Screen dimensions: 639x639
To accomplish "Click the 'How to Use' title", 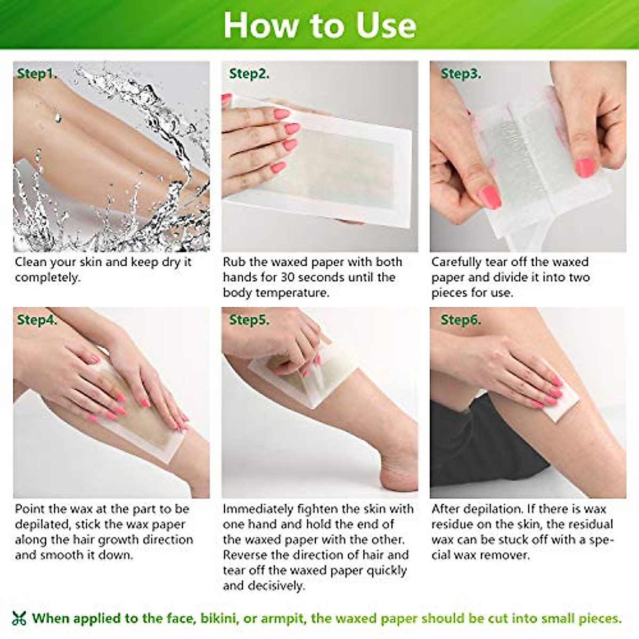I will point(319,25).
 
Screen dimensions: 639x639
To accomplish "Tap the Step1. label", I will point(37,73).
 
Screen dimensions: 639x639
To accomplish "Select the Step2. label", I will point(249,73).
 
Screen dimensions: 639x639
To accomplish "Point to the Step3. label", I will point(461,73).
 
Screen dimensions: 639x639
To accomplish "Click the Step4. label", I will point(37,319).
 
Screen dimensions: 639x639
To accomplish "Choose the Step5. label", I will point(249,319).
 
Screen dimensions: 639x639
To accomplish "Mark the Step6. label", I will point(461,319).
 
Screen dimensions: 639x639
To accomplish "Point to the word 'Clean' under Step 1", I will point(31,262).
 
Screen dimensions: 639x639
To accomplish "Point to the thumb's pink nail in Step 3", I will point(489,198).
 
